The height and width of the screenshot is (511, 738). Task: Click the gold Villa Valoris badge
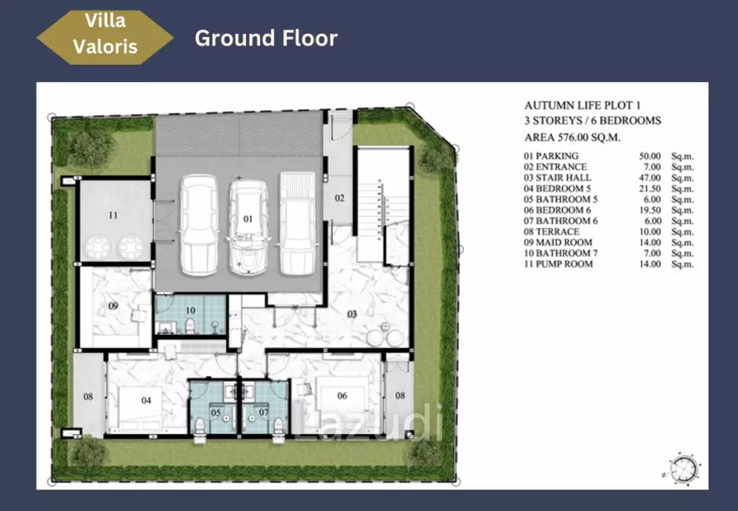tap(105, 37)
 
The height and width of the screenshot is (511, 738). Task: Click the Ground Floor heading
tap(266, 38)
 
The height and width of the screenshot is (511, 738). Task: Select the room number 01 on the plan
tap(248, 219)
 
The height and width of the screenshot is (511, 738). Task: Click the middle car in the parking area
tap(249, 227)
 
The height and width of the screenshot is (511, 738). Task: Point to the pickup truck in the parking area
tap(298, 223)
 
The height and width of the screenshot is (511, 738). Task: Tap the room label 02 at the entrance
tap(339, 198)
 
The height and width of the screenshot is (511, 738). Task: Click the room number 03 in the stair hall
tap(352, 314)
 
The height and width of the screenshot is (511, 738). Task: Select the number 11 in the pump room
tap(113, 215)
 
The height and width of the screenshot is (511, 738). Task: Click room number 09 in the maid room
tap(113, 306)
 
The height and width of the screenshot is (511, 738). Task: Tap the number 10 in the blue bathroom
tap(190, 311)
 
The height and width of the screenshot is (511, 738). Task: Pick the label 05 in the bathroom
tap(215, 413)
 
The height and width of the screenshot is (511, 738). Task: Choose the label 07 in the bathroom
tap(264, 413)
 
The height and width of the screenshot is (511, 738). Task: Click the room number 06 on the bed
tap(342, 396)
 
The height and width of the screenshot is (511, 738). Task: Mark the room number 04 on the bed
tap(146, 401)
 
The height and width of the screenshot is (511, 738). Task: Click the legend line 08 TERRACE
tap(551, 231)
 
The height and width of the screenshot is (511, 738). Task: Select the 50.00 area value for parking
tap(650, 156)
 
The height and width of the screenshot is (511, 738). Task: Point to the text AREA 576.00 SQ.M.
tap(572, 138)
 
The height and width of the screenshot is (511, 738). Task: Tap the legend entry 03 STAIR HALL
tap(557, 177)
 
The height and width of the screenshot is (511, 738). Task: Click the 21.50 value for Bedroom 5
tap(650, 188)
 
